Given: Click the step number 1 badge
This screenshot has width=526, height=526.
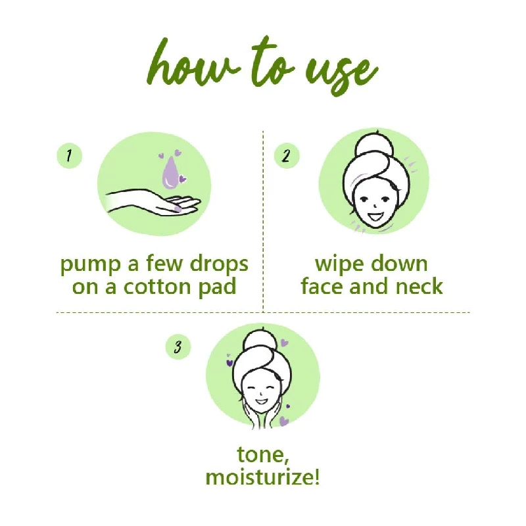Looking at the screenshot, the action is click(x=70, y=155).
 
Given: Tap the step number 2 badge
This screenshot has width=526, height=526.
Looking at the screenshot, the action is click(x=287, y=155).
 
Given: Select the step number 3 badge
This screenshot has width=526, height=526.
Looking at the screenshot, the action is click(x=178, y=347).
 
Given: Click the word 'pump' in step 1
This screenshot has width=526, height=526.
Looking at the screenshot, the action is click(x=90, y=266).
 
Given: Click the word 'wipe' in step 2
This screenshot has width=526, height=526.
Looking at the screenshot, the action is click(x=339, y=265).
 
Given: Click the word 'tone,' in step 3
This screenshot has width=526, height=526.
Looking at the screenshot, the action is click(x=263, y=455).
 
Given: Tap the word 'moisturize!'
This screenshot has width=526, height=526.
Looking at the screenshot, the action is click(x=262, y=477).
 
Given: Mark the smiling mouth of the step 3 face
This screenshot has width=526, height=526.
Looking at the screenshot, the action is click(x=260, y=400).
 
